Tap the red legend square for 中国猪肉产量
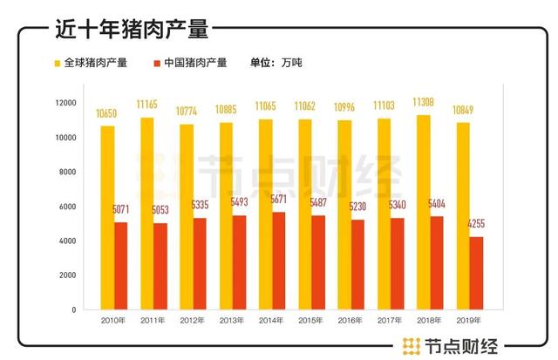point(157,64)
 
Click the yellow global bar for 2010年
point(107,217)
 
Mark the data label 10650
point(107,113)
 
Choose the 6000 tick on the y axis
point(68,207)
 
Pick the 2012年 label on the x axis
point(192,321)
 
